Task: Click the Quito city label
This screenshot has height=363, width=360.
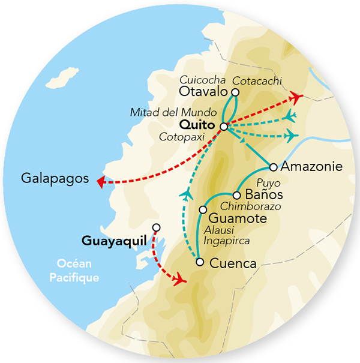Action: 198,125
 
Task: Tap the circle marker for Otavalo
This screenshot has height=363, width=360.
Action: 235,92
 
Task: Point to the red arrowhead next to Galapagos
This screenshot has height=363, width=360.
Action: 101,182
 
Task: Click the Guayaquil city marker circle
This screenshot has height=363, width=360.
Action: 157,227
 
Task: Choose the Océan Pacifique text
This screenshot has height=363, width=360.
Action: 77,271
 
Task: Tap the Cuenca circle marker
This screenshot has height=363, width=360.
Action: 200,262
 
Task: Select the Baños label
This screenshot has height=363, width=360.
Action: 265,196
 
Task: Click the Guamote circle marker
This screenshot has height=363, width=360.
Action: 203,209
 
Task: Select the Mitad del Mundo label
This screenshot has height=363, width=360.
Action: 165,112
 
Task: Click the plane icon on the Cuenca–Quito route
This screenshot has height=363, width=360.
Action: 187,194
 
